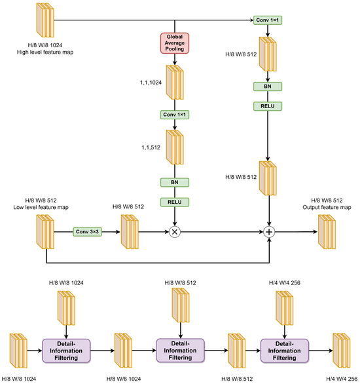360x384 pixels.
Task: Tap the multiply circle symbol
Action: [175, 232]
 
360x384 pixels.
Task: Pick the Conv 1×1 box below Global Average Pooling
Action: [175, 115]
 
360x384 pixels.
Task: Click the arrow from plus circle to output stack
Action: [295, 232]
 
